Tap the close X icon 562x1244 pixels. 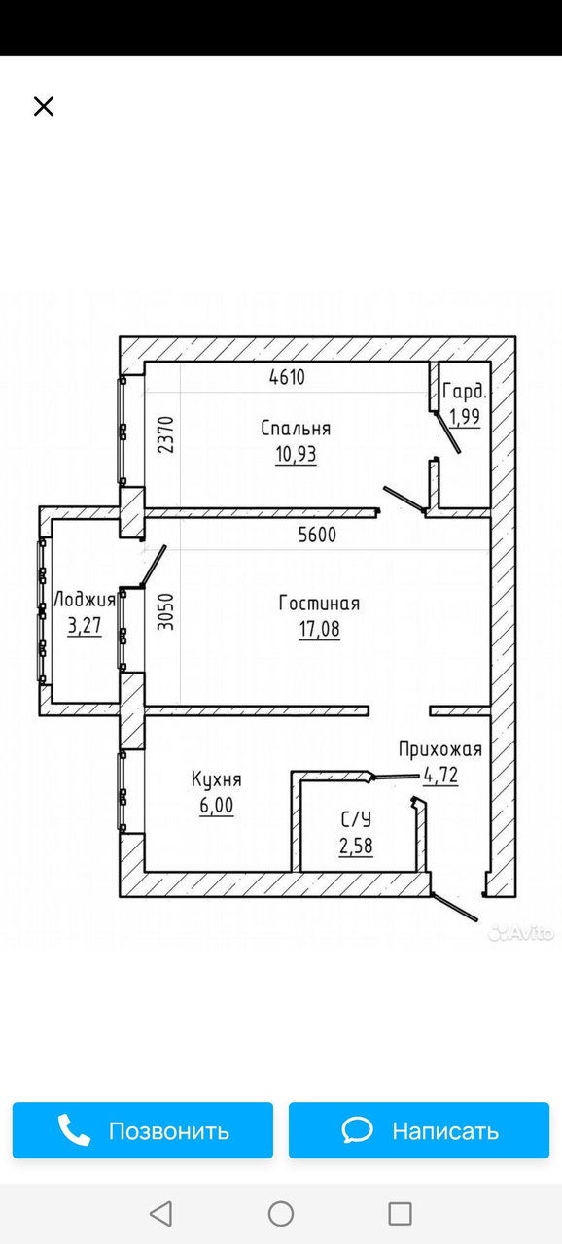44,106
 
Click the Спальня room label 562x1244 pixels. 296,429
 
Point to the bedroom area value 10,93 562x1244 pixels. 296,454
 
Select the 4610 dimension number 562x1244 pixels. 287,378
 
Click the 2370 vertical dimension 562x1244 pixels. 165,434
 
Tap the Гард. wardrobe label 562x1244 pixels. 465,392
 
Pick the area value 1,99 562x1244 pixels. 464,416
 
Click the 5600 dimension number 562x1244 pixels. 317,535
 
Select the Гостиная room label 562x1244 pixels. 319,604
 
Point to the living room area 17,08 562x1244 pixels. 319,630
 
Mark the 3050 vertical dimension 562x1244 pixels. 165,612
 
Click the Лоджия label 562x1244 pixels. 85,600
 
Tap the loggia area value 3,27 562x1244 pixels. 85,626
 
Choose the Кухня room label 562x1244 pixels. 217,779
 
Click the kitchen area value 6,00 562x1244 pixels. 217,806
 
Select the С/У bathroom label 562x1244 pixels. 356,819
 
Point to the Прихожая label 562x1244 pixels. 440,749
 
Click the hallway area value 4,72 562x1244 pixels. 440,775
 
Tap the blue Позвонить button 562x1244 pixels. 143,1130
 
